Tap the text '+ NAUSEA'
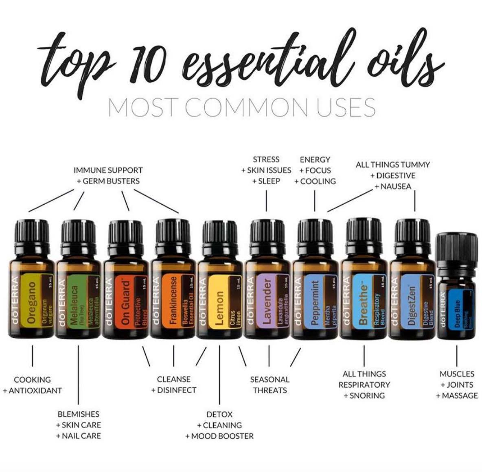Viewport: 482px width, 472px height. click(x=393, y=186)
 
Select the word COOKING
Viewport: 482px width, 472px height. click(x=32, y=380)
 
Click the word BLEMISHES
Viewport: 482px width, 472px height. click(x=78, y=414)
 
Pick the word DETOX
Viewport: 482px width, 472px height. click(x=219, y=414)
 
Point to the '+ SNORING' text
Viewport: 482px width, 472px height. click(x=364, y=395)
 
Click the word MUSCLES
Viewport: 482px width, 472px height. click(x=457, y=374)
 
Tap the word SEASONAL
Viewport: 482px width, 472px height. click(x=269, y=379)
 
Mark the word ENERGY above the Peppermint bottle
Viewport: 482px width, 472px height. click(x=315, y=160)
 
